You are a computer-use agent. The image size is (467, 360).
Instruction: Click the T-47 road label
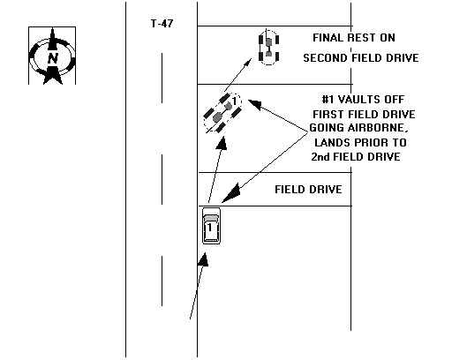pyautogui.click(x=162, y=24)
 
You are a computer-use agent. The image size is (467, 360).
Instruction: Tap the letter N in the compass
pyautogui.click(x=53, y=58)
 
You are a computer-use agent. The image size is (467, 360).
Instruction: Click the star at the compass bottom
pyautogui.click(x=53, y=75)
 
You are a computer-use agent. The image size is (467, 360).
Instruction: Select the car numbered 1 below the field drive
pyautogui.click(x=211, y=226)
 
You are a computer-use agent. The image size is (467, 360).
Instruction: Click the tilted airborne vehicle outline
pyautogui.click(x=222, y=113)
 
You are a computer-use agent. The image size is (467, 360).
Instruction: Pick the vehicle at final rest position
pyautogui.click(x=268, y=48)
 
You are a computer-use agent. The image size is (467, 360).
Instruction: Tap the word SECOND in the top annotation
pyautogui.click(x=325, y=57)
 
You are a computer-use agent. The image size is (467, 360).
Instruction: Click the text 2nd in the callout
pyautogui.click(x=320, y=157)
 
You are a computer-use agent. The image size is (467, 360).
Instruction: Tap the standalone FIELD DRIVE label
pyautogui.click(x=308, y=190)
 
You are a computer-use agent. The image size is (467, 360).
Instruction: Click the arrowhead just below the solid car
pyautogui.click(x=203, y=259)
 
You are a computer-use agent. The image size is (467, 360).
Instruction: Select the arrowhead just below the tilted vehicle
pyautogui.click(x=222, y=143)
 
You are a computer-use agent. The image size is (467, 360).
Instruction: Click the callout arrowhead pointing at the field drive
pyautogui.click(x=231, y=193)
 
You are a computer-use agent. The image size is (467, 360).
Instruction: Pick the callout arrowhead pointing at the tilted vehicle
pyautogui.click(x=254, y=104)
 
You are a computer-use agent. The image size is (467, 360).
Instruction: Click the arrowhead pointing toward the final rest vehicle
pyautogui.click(x=248, y=63)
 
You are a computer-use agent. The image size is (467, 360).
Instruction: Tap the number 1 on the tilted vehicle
pyautogui.click(x=235, y=101)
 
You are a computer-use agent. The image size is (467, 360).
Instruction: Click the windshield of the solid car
pyautogui.click(x=211, y=218)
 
